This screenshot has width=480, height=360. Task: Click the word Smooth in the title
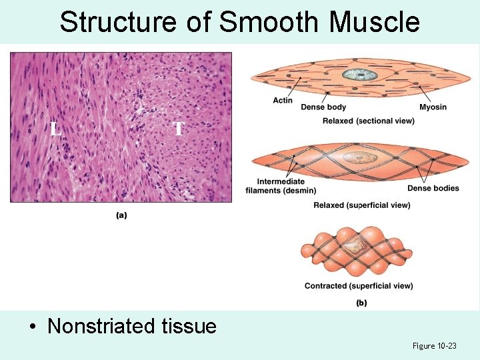(270, 21)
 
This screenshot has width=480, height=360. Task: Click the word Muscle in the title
(375, 21)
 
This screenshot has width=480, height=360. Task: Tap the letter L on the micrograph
(56, 129)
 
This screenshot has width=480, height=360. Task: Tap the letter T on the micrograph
(178, 128)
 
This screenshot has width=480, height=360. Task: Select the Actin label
(283, 101)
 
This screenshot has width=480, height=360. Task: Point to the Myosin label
(433, 107)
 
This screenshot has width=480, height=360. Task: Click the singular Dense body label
(323, 107)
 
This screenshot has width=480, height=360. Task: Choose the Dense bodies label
(433, 188)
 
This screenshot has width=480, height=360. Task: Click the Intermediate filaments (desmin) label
(281, 186)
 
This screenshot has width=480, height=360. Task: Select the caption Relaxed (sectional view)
(368, 121)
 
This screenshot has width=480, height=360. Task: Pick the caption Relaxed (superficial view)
(361, 205)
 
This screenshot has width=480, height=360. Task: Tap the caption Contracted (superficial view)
(359, 286)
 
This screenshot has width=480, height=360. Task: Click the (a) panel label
(121, 215)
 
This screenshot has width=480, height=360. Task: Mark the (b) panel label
(361, 303)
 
